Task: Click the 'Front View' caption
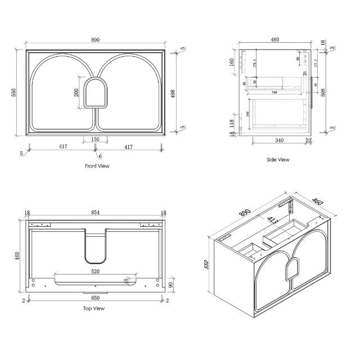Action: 97,166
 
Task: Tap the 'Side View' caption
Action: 277,160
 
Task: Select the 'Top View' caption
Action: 94,308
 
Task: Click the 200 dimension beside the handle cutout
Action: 77,92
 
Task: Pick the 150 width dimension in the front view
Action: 95,139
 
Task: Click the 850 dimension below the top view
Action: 95,299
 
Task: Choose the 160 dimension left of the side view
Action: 231,62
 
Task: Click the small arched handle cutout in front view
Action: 95,93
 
